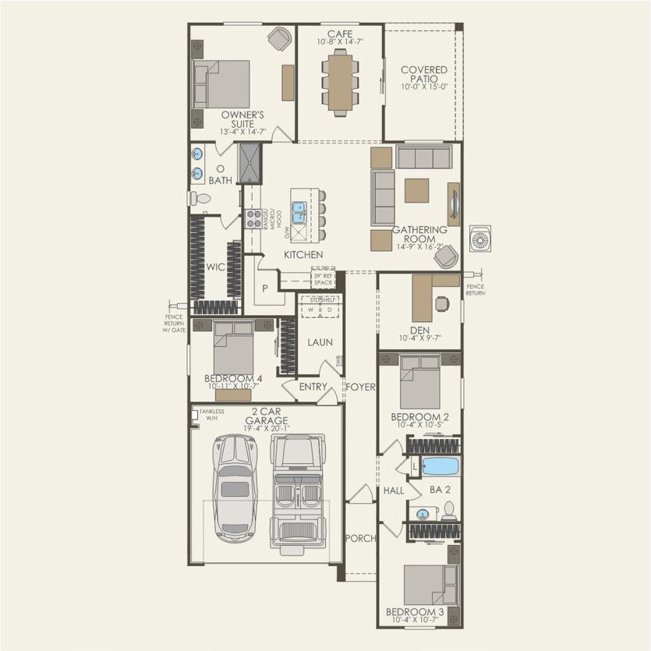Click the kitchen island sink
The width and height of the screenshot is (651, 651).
point(299,210)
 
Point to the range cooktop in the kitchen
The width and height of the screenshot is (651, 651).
point(253,218)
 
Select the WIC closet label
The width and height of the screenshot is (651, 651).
point(215,267)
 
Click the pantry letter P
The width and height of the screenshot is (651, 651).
point(265,288)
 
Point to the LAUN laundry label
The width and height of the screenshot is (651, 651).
point(320,341)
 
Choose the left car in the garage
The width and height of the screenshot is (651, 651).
point(235,487)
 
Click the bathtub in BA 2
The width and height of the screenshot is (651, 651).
point(440,467)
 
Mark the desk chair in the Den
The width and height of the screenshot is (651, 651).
point(442,303)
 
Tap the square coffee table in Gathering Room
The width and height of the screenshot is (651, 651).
point(416,190)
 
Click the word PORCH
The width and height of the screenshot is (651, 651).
point(360,538)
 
